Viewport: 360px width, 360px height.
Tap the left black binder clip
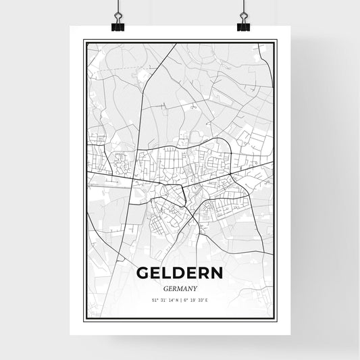tap(117, 26)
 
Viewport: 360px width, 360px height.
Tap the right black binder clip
tap(242, 26)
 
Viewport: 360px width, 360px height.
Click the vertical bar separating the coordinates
tap(180, 299)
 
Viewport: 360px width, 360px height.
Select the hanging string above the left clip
tap(117, 5)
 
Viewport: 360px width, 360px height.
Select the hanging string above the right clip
tap(242, 5)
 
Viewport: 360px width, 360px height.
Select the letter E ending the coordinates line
tap(207, 299)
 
